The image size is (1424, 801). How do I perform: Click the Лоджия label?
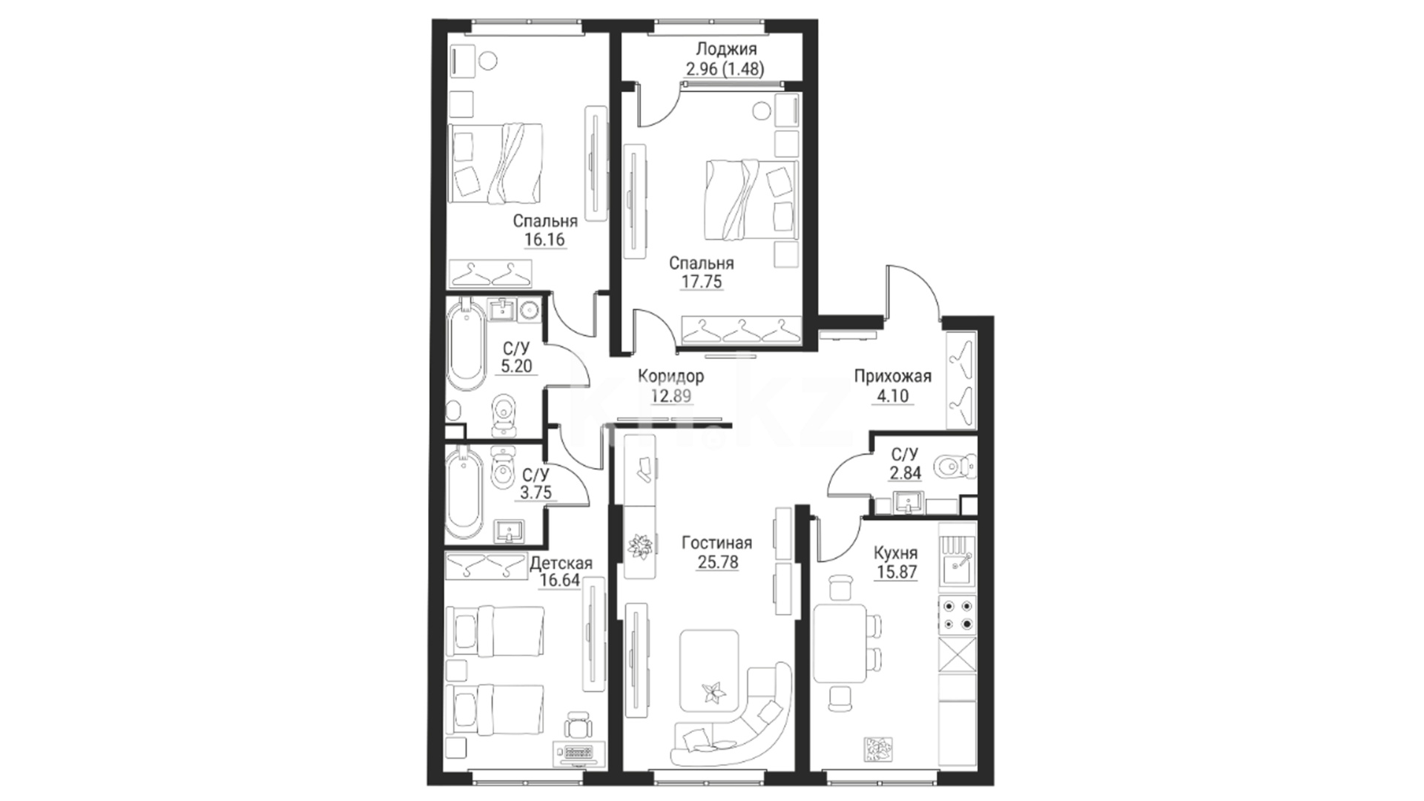(x=726, y=50)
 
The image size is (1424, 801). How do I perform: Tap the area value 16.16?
(x=544, y=240)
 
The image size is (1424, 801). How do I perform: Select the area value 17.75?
(x=701, y=282)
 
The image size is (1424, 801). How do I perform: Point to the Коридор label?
(x=670, y=376)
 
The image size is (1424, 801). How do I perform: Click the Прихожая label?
(x=892, y=376)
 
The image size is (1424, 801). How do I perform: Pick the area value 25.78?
(x=718, y=562)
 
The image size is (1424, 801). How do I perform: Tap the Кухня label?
(x=895, y=553)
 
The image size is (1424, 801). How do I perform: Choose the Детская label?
(x=561, y=564)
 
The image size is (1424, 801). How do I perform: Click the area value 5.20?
(x=517, y=366)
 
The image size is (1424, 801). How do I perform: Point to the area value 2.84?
(x=905, y=473)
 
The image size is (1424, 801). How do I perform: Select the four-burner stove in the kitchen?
(x=957, y=615)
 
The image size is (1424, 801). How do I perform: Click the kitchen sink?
(x=957, y=569)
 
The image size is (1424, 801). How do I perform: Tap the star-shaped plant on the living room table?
(x=715, y=692)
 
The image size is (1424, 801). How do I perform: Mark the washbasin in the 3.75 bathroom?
(x=509, y=531)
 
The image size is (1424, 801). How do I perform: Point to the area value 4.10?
(x=892, y=396)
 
